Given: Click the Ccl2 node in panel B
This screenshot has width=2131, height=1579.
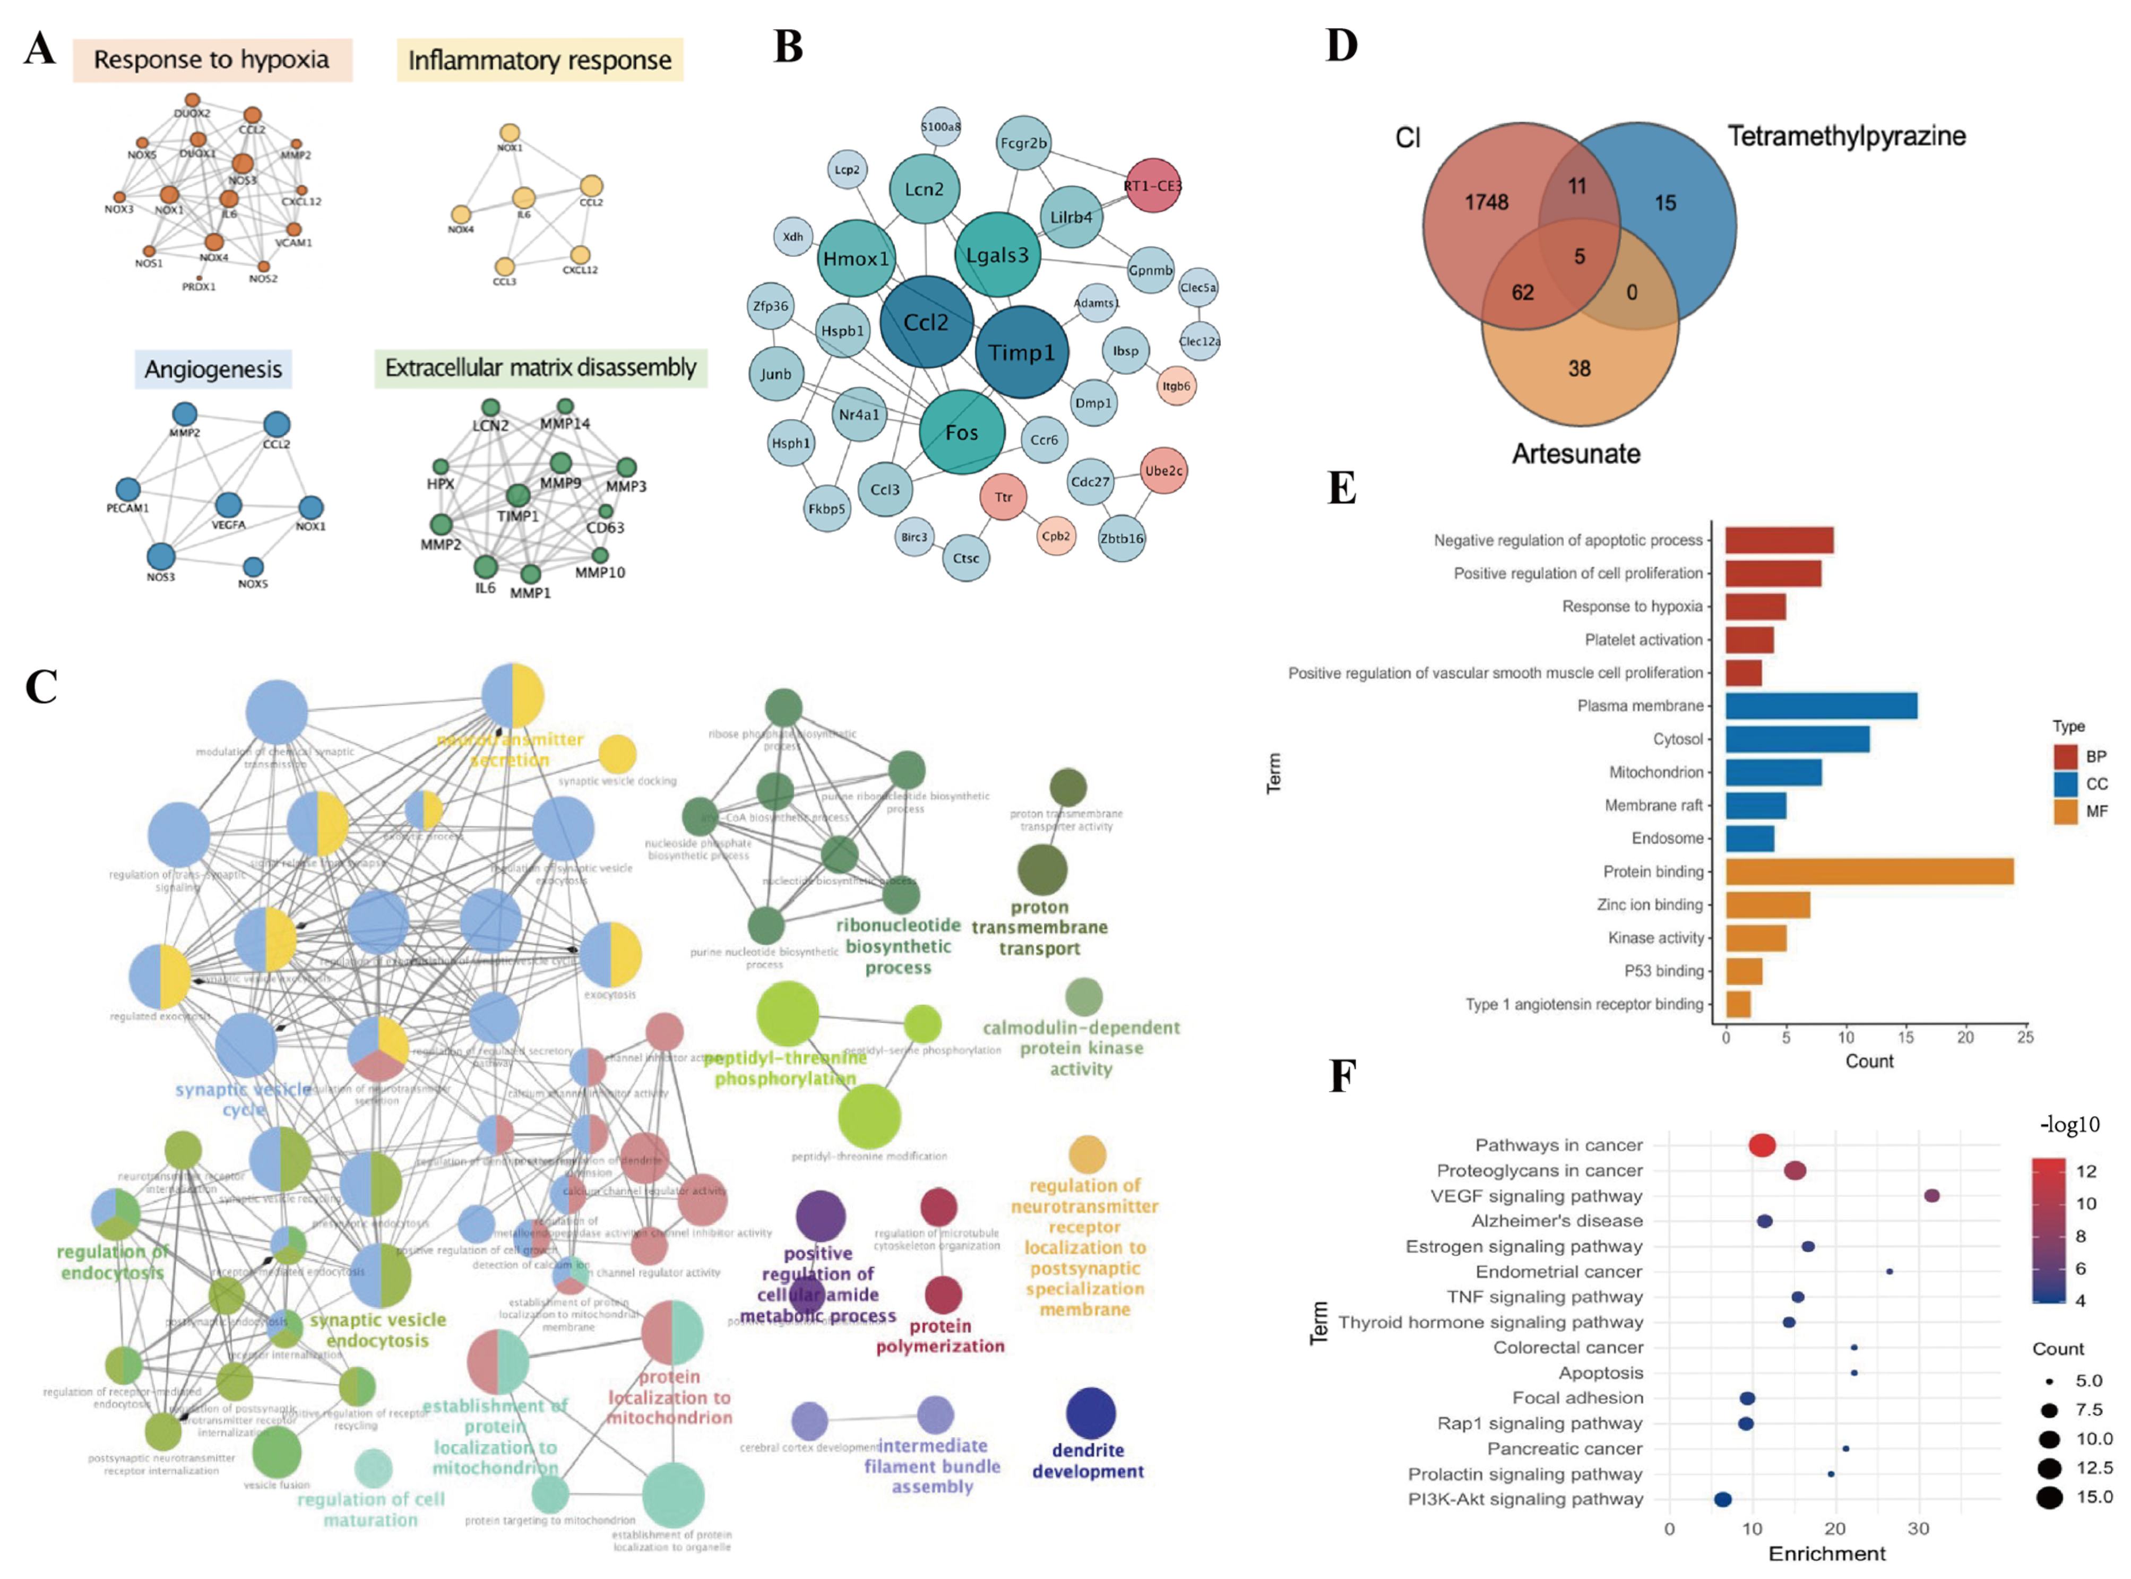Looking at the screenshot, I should click(925, 322).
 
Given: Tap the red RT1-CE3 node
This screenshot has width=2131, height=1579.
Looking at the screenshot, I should click(1152, 185).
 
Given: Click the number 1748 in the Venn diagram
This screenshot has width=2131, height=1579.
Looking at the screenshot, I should click(1486, 202).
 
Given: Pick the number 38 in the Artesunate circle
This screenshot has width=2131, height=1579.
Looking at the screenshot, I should click(1578, 368).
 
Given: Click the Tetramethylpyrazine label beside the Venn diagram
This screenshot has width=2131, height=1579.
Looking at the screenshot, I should click(1845, 136).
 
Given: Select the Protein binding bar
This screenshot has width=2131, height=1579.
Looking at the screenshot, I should click(1868, 872).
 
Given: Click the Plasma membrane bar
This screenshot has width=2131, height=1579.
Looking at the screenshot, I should click(1821, 705).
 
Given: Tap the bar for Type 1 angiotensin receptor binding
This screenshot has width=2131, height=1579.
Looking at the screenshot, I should click(1737, 1004).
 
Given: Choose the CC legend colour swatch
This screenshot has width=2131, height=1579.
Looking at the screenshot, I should click(2065, 784).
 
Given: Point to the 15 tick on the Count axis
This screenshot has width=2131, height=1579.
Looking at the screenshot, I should click(1905, 1037).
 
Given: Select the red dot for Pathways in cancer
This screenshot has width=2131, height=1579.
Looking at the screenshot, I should click(1761, 1145).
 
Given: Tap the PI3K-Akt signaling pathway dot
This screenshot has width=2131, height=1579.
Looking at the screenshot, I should click(1722, 1499).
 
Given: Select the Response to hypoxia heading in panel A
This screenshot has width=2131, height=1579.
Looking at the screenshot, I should click(211, 59).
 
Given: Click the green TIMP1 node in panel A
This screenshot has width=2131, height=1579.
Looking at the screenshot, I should click(517, 495).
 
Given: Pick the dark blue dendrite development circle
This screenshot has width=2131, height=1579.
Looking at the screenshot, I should click(1090, 1413).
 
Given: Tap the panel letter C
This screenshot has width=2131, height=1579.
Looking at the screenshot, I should click(41, 686).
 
